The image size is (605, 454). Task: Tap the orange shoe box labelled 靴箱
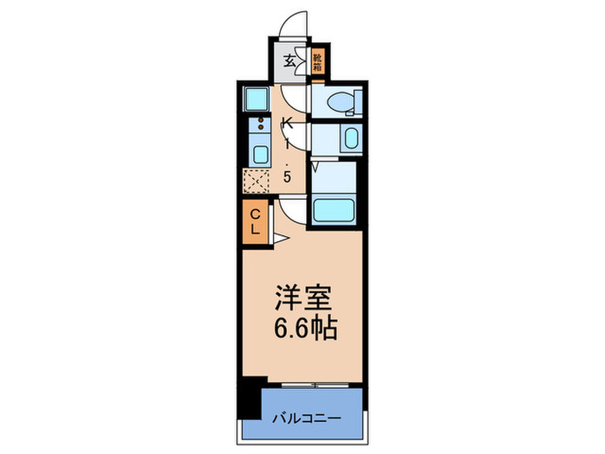[x=318, y=61]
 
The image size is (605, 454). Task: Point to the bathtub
[x=334, y=210]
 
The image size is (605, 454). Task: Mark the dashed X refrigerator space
[x=258, y=182]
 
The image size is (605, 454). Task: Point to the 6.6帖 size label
[x=302, y=329]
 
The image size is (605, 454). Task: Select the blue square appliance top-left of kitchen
[x=258, y=99]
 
